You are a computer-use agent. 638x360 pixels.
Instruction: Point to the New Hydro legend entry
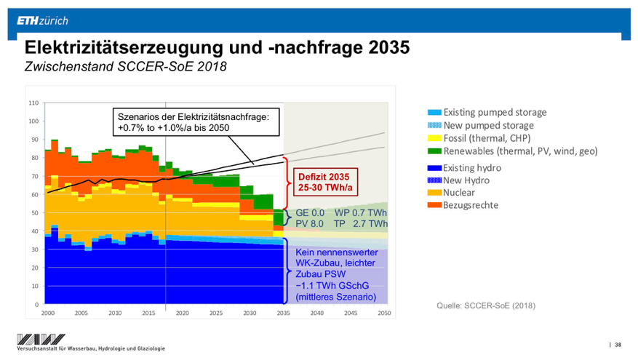[x=468, y=180]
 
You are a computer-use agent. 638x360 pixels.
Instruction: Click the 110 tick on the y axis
[x=33, y=103]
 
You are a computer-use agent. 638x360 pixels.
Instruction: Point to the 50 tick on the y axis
[x=35, y=213]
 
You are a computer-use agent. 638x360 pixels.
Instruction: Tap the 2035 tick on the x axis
[x=283, y=313]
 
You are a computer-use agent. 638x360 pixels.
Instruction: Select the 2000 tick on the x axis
[x=47, y=313]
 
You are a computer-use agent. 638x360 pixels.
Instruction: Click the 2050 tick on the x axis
[x=384, y=313]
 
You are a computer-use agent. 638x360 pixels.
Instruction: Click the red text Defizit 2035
[x=323, y=177]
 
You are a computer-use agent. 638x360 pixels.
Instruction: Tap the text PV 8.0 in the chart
[x=309, y=223]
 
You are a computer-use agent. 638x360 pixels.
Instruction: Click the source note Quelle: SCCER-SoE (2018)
[x=485, y=305]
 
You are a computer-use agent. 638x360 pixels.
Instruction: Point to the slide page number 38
[x=618, y=344]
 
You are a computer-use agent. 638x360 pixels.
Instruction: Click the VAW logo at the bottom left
[x=41, y=339]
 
